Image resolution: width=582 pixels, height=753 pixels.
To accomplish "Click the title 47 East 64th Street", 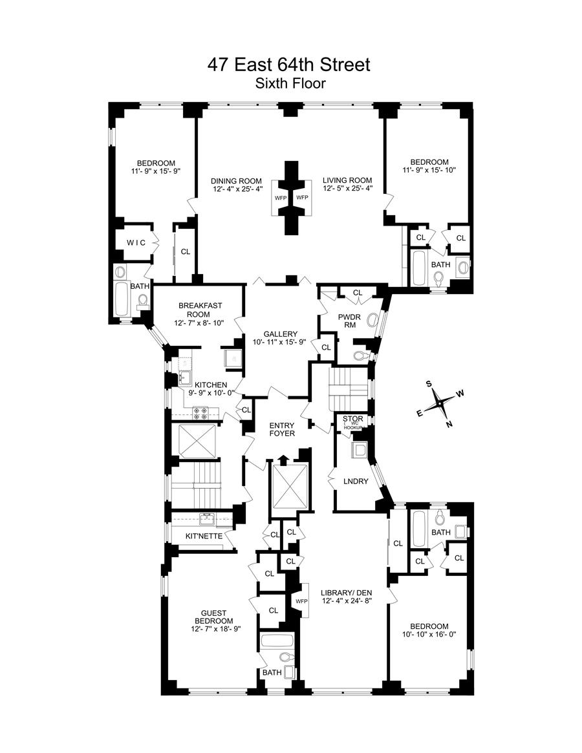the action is point(288,65).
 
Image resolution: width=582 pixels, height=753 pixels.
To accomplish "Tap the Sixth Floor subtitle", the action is point(290,83).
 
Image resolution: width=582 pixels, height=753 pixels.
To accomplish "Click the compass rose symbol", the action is point(440,402).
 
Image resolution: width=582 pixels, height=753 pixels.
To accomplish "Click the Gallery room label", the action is point(280,334).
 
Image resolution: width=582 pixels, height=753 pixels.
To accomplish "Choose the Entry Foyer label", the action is point(283,429).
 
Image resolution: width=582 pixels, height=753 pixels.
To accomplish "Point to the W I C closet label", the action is point(136,242).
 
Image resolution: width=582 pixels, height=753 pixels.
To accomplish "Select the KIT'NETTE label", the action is point(203,536).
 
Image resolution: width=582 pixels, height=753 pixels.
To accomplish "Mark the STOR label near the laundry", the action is point(354,419).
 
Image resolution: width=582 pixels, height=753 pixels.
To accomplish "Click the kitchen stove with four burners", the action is point(200,413).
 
